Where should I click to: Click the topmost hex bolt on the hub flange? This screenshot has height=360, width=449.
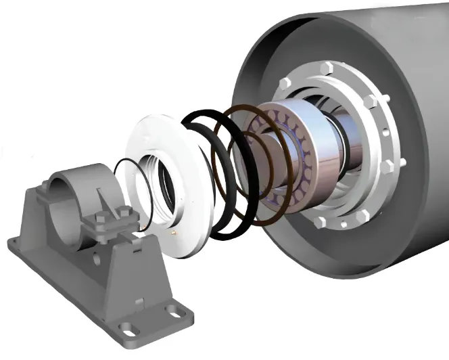tap(329, 68)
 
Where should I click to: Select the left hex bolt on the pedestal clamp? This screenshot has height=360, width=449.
tap(101, 219)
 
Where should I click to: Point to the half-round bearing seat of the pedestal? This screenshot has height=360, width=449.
tap(71, 179)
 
